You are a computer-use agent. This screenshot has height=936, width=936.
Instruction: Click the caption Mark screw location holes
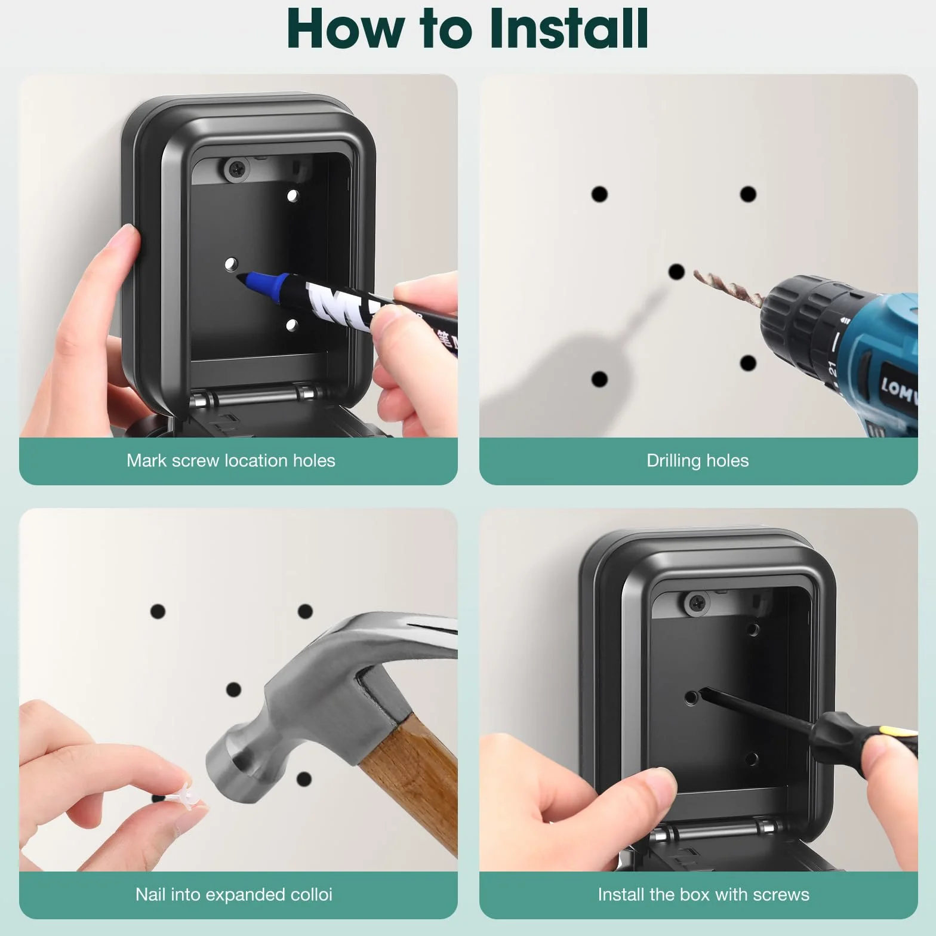[230, 460]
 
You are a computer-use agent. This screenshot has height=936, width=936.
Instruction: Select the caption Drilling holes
[697, 460]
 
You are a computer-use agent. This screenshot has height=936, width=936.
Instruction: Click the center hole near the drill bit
[676, 272]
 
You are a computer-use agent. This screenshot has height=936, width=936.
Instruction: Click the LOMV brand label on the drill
[898, 391]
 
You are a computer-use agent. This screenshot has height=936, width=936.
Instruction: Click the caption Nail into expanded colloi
[233, 894]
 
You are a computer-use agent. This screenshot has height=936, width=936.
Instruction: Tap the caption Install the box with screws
[703, 894]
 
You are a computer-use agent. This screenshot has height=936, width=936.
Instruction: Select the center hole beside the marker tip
[231, 264]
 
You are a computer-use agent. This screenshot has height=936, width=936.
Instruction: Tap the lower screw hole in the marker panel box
[292, 325]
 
